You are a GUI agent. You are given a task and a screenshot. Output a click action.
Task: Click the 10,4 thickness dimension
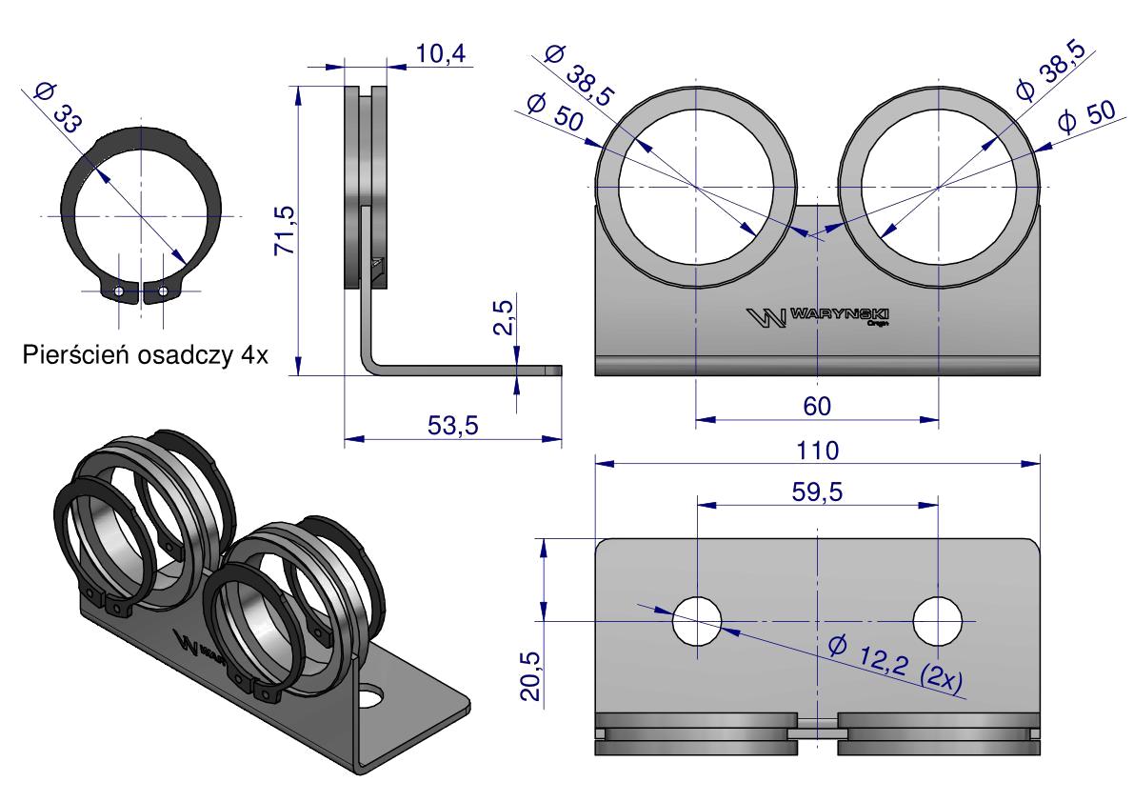(441, 53)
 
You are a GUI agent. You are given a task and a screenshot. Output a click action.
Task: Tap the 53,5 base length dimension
(452, 425)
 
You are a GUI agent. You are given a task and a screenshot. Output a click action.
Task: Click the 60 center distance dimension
(817, 407)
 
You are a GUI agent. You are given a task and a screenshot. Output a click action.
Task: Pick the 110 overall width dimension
(817, 451)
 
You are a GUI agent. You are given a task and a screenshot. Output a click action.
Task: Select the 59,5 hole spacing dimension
(817, 491)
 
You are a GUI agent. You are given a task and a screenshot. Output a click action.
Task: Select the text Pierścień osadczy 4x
(146, 355)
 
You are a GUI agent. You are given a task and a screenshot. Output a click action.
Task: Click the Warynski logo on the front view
(817, 317)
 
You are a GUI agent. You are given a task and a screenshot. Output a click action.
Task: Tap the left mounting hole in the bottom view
(697, 621)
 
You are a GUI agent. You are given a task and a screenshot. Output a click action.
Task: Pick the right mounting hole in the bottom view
(938, 621)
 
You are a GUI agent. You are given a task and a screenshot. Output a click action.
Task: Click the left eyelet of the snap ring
(119, 292)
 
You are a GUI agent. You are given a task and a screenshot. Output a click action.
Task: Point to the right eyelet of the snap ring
(164, 291)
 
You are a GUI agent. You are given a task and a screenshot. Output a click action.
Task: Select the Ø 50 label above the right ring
(1087, 117)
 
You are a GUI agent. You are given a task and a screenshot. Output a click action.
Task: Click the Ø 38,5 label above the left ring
(579, 74)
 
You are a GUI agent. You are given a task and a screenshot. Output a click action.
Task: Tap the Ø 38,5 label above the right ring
(1051, 70)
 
